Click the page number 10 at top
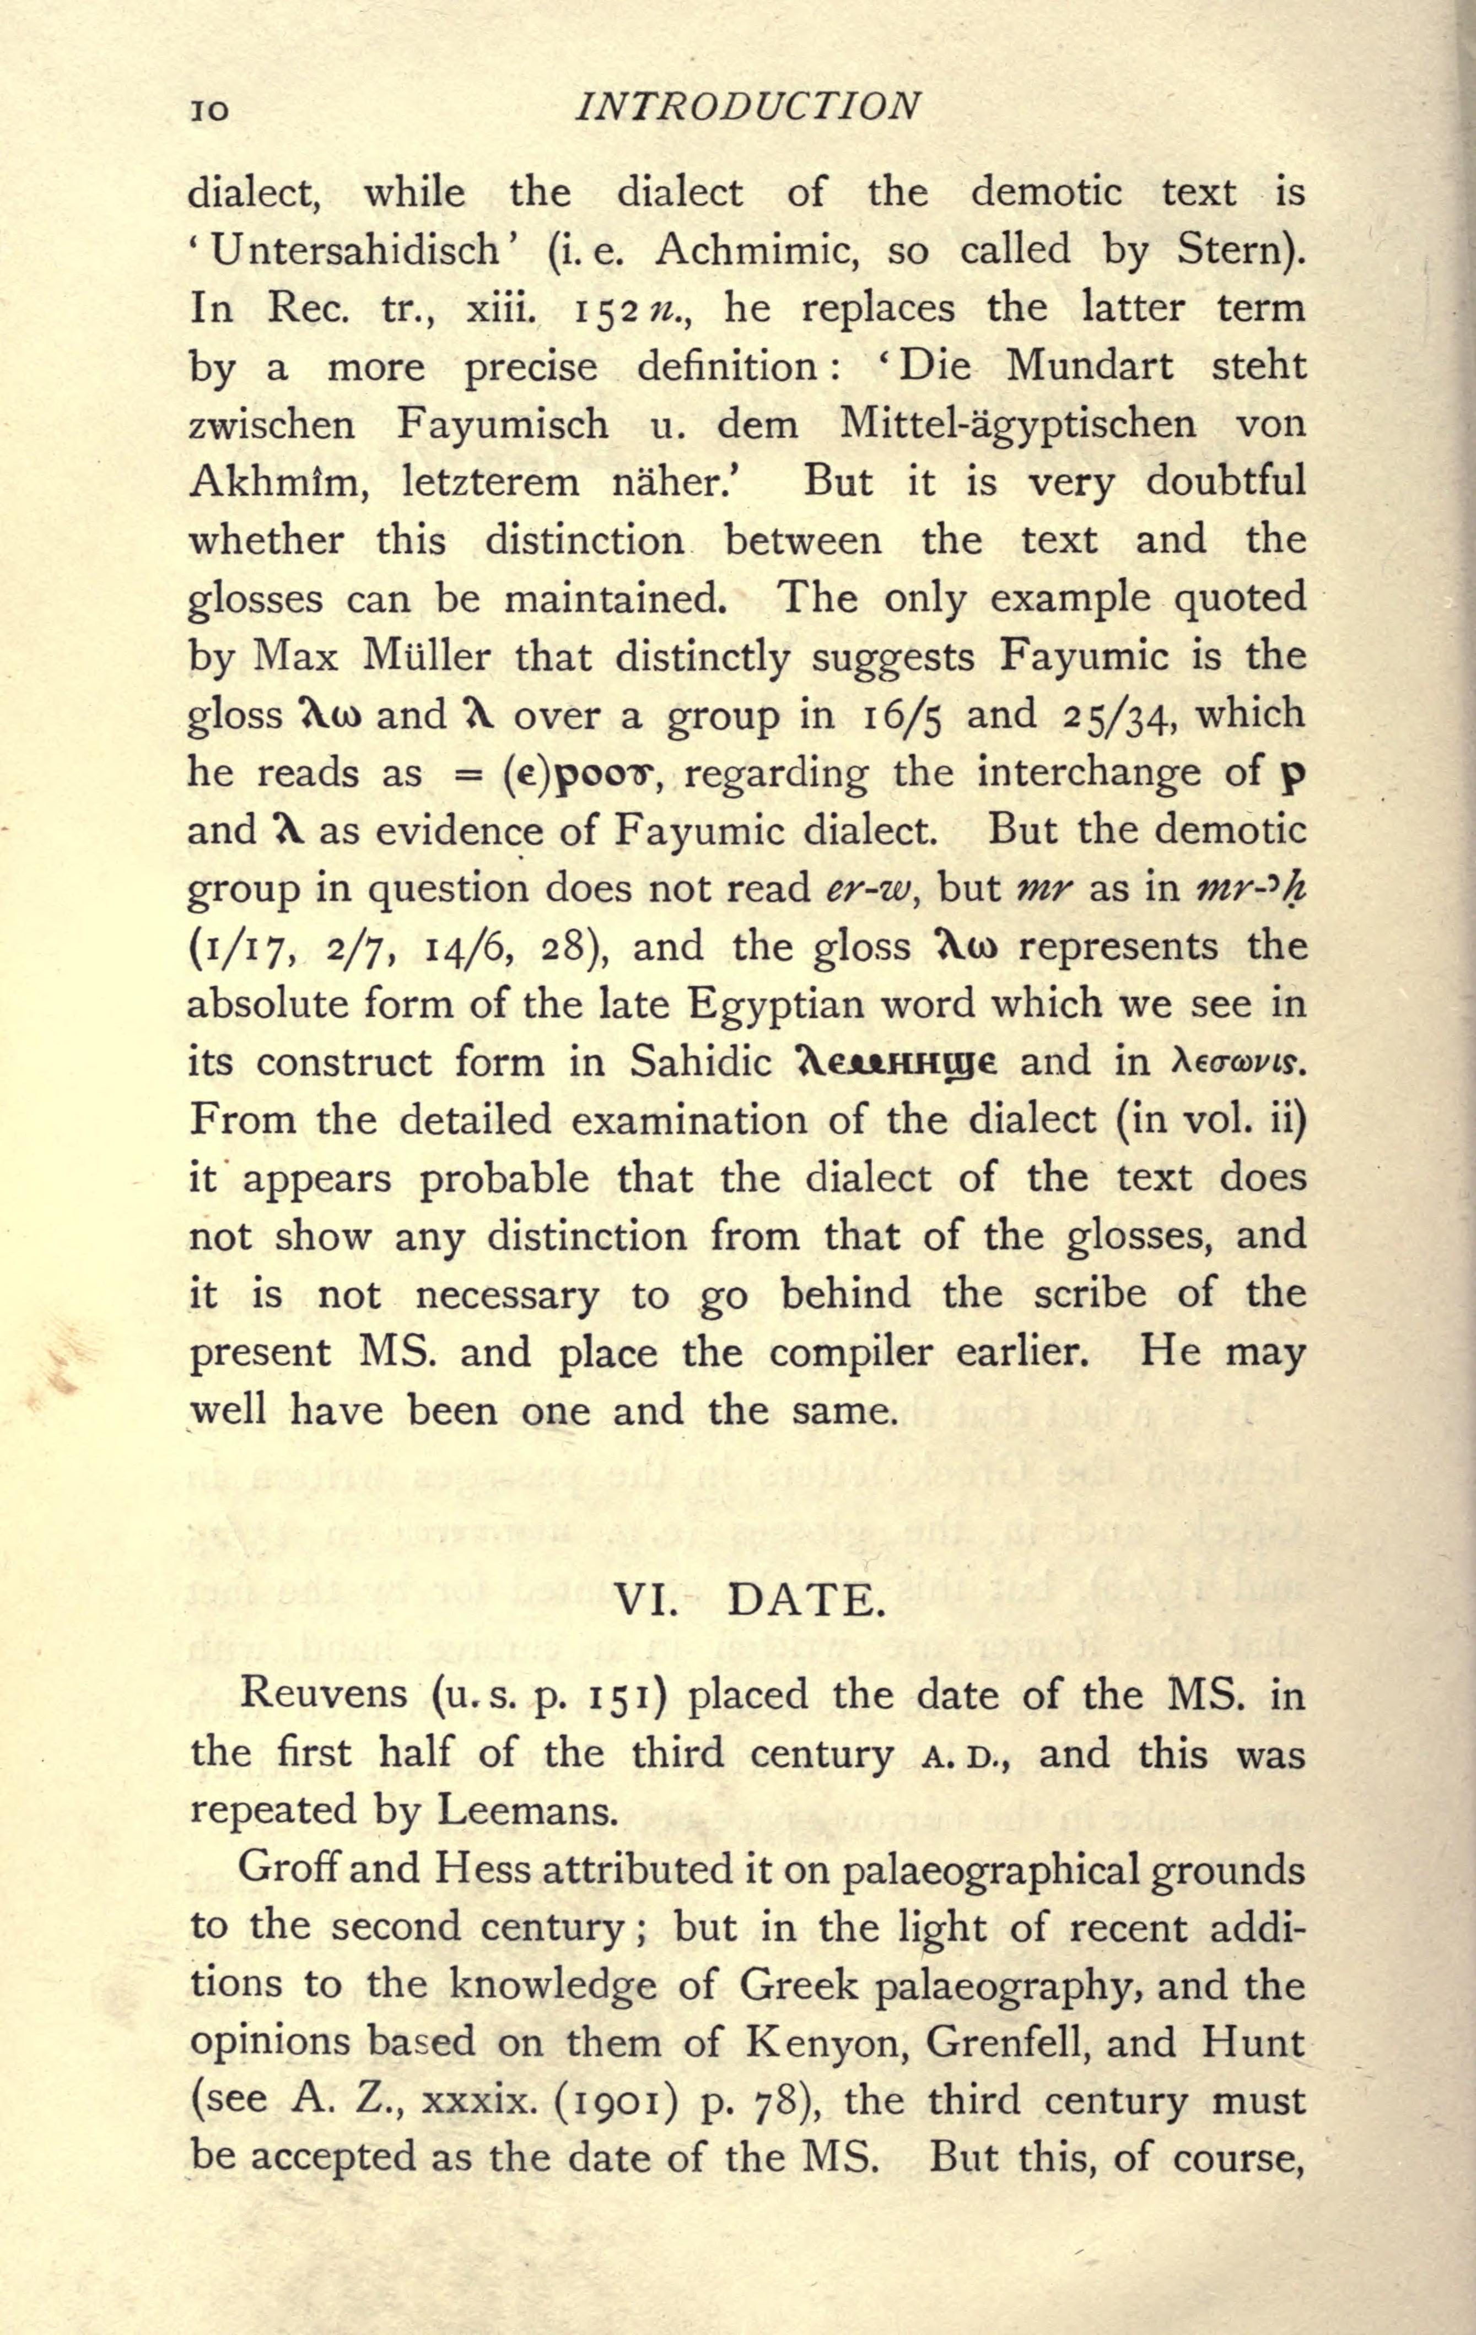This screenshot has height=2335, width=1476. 209,110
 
